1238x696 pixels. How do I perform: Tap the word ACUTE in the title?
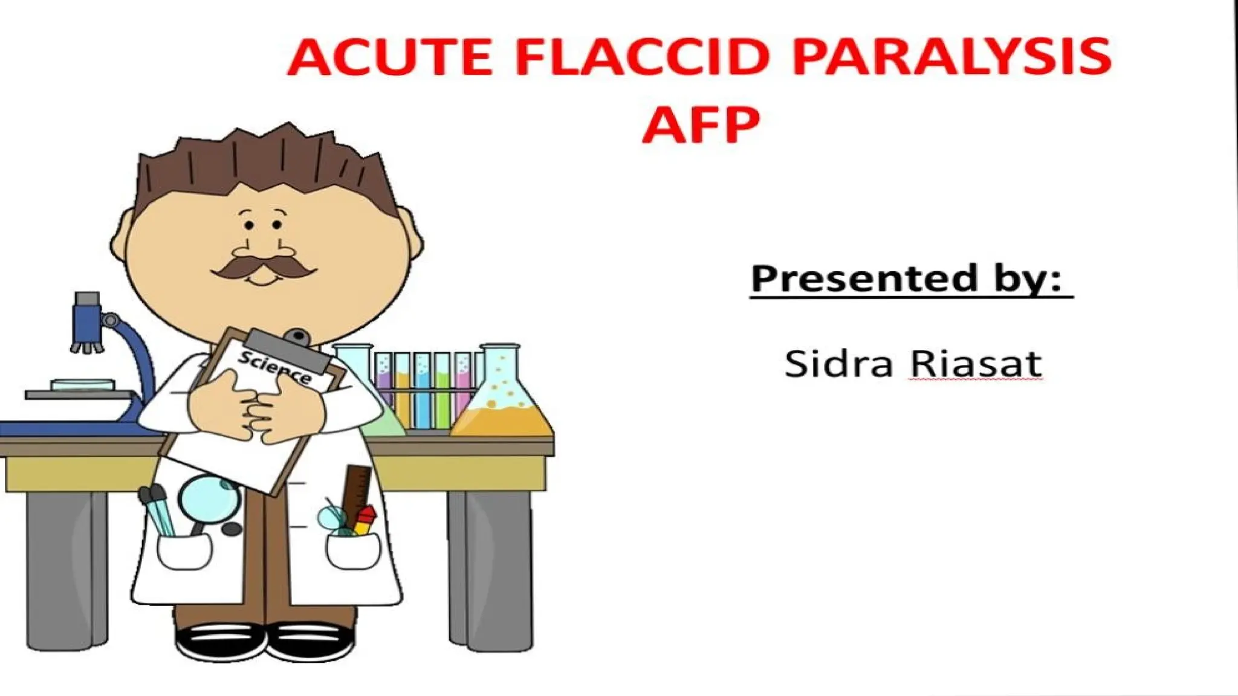(x=390, y=57)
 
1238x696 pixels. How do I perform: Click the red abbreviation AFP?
(x=701, y=124)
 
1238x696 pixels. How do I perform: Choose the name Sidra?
(x=838, y=364)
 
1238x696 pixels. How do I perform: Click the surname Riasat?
(x=976, y=364)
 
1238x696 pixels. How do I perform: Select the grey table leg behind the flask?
(x=490, y=568)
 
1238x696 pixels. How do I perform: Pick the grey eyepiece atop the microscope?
(x=87, y=299)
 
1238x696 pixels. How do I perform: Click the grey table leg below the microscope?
(x=66, y=568)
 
